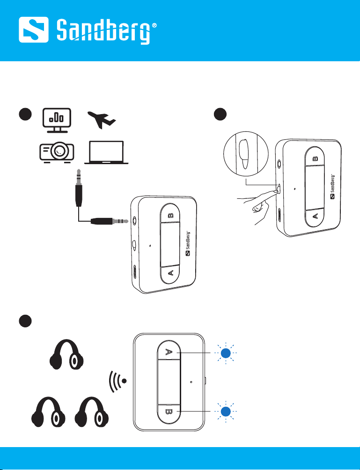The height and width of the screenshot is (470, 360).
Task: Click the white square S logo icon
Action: pyautogui.click(x=34, y=29)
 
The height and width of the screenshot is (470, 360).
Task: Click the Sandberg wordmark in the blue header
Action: pyautogui.click(x=103, y=31)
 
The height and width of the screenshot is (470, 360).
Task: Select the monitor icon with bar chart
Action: pyautogui.click(x=57, y=121)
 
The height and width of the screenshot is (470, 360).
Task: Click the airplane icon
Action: pyautogui.click(x=102, y=120)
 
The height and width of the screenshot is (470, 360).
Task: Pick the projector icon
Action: pyautogui.click(x=57, y=152)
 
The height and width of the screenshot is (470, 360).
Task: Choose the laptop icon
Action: pyautogui.click(x=106, y=152)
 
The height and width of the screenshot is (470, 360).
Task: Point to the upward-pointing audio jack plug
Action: pyautogui.click(x=79, y=188)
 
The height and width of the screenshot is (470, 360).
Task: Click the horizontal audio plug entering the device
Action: pyautogui.click(x=110, y=221)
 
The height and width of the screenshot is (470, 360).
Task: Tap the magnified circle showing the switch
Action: pyautogui.click(x=246, y=154)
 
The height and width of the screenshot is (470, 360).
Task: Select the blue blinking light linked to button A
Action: pyautogui.click(x=226, y=353)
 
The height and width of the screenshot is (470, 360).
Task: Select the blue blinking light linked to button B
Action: pyautogui.click(x=226, y=412)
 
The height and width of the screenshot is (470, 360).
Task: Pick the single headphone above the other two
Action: pyautogui.click(x=66, y=354)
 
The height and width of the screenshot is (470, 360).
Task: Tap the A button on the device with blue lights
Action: pyautogui.click(x=169, y=352)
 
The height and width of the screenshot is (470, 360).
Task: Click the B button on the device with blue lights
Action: pyautogui.click(x=169, y=412)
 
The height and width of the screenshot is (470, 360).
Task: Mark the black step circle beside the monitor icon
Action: pyautogui.click(x=25, y=114)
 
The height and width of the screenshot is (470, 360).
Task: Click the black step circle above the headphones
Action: pyautogui.click(x=25, y=321)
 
